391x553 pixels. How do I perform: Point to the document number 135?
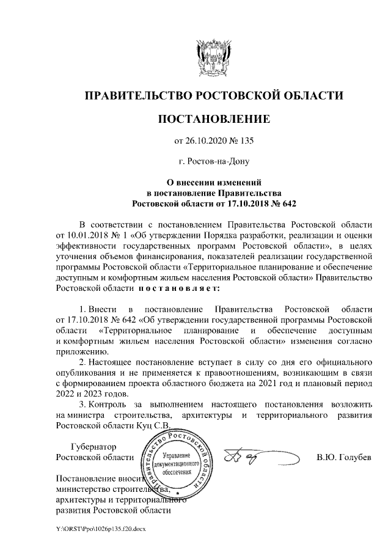click(246, 141)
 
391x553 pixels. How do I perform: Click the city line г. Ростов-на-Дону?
click(214, 162)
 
